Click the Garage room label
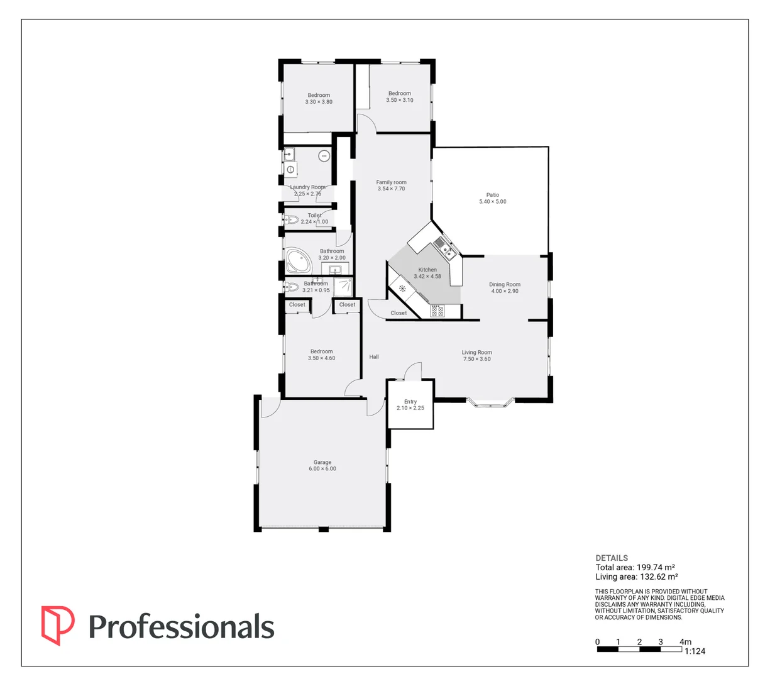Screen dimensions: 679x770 click(322, 462)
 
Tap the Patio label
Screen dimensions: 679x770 click(492, 195)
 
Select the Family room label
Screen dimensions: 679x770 click(391, 182)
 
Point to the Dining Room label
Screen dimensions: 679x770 click(505, 284)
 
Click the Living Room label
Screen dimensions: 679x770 click(477, 353)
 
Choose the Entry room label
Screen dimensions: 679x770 click(410, 401)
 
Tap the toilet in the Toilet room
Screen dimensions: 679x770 click(290, 220)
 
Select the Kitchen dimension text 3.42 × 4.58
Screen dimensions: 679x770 click(427, 277)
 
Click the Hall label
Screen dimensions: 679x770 click(374, 357)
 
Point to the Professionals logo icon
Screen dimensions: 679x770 click(57, 625)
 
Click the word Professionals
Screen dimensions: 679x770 click(181, 627)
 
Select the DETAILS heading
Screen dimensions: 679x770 click(612, 558)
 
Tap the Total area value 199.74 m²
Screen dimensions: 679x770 click(647, 567)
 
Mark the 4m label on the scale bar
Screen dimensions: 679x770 click(685, 642)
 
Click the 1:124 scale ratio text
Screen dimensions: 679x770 click(695, 651)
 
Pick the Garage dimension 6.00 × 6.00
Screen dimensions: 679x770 click(322, 469)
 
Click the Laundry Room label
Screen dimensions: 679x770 click(308, 187)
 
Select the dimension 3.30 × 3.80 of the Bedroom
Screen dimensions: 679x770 click(319, 102)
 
